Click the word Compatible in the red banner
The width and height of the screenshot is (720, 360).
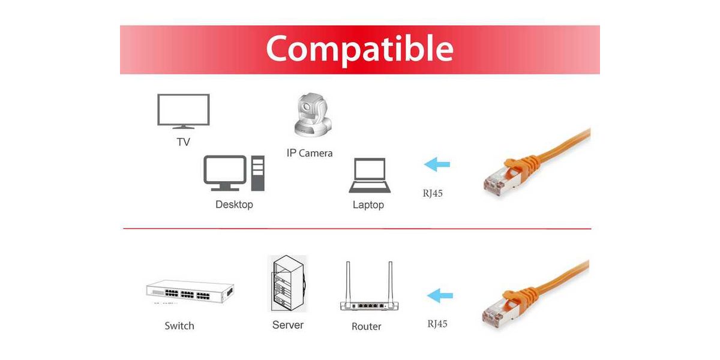(x=359, y=49)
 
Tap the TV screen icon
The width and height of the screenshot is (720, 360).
(x=184, y=111)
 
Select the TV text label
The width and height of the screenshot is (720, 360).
(x=183, y=142)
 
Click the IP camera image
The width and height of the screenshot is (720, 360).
(x=313, y=115)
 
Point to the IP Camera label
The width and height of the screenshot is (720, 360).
(x=310, y=153)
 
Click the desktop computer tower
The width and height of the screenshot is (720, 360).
(x=258, y=173)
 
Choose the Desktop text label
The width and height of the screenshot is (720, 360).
(x=234, y=205)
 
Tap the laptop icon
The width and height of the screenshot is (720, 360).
(x=370, y=175)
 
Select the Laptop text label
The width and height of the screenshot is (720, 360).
(x=368, y=205)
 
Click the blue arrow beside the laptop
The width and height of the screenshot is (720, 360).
(x=437, y=164)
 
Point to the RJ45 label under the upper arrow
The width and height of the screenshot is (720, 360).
(x=433, y=193)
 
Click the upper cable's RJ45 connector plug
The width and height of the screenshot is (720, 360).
(x=502, y=181)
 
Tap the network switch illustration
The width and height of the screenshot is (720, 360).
(x=190, y=291)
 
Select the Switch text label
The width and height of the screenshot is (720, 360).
(x=179, y=326)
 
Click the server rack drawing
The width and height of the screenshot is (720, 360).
(x=287, y=283)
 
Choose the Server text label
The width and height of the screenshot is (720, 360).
(x=287, y=325)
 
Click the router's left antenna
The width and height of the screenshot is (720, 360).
(x=348, y=282)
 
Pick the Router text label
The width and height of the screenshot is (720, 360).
(x=367, y=326)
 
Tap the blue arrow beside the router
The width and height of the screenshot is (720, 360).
(x=440, y=295)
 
